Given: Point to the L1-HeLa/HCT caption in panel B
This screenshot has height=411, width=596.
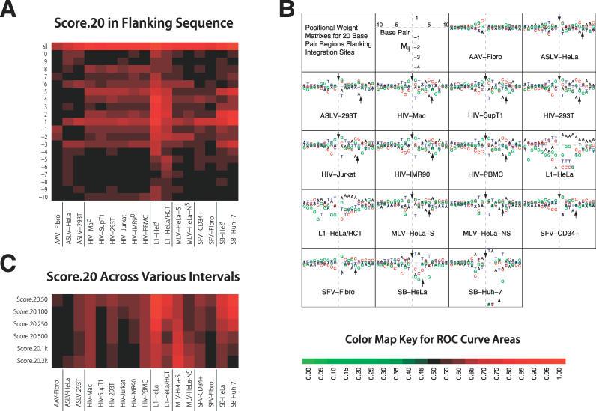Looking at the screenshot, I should (338, 234).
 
